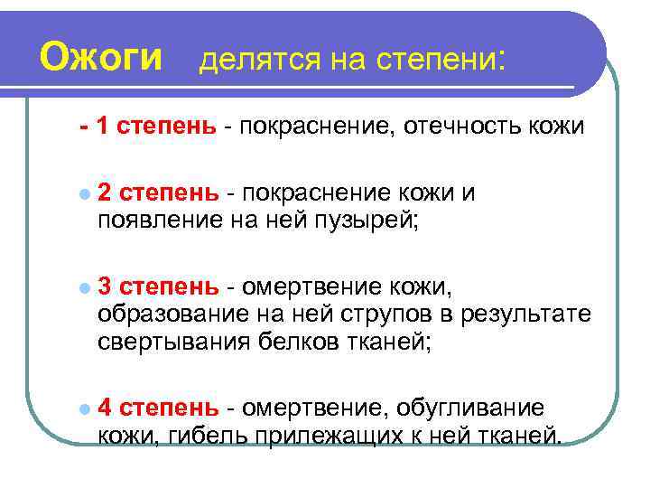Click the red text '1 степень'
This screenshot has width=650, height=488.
[x=156, y=127]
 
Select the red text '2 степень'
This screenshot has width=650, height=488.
[x=157, y=192]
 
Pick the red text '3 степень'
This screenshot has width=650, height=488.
[x=157, y=287]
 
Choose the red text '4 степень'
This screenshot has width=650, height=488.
[x=157, y=408]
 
